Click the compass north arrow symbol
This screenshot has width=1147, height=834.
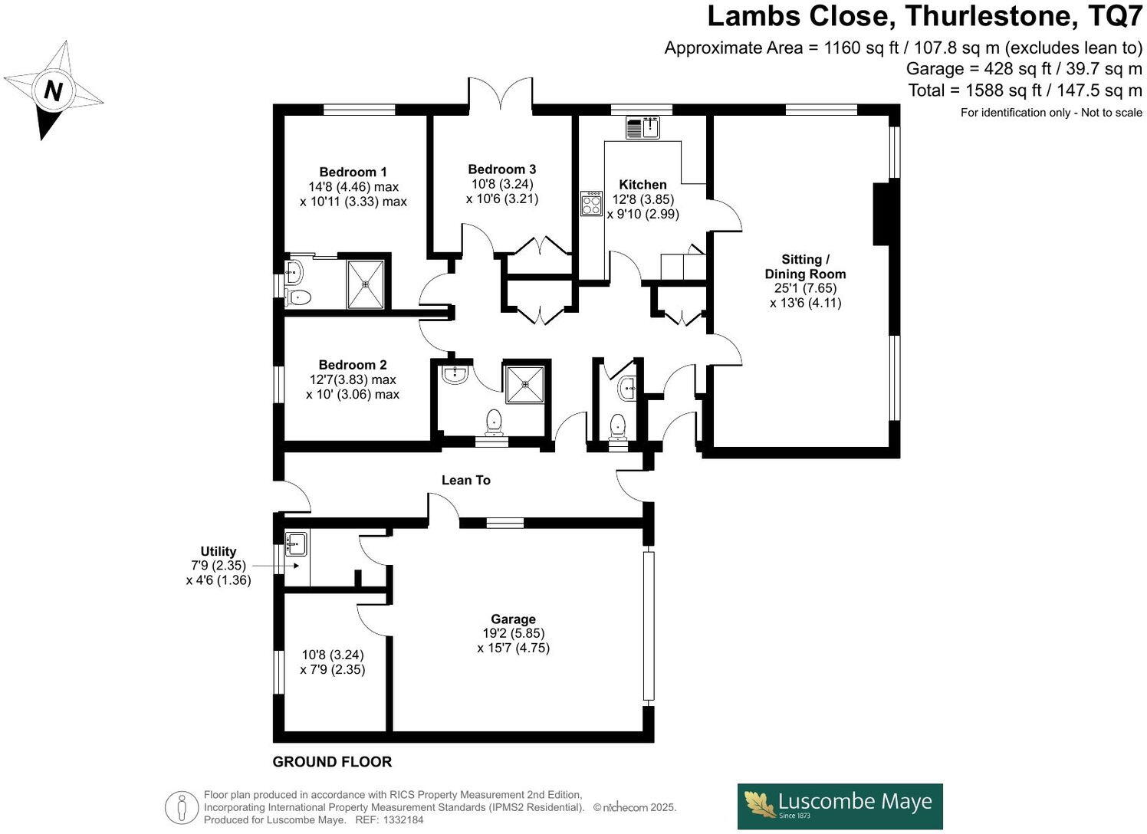(52, 90)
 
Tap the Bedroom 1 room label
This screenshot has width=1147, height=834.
(353, 172)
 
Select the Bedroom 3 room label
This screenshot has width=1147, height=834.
(502, 169)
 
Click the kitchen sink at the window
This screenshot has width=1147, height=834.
(643, 127)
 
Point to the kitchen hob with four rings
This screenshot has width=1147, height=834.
(591, 203)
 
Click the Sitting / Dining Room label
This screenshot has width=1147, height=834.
(805, 267)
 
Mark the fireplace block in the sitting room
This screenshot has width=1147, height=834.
(883, 213)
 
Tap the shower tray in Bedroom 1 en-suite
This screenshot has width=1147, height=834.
(366, 284)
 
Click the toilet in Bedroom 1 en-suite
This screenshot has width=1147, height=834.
(298, 297)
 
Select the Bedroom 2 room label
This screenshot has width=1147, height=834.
(353, 365)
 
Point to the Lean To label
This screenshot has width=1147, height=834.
(465, 480)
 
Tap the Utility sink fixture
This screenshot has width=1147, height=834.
(295, 543)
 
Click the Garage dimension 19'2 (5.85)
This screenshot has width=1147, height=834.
(513, 633)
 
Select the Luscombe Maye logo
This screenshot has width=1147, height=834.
(840, 806)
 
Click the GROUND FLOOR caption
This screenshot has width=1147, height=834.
(332, 762)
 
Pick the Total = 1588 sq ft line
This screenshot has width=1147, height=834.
(1024, 90)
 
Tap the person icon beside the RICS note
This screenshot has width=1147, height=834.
(182, 808)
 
